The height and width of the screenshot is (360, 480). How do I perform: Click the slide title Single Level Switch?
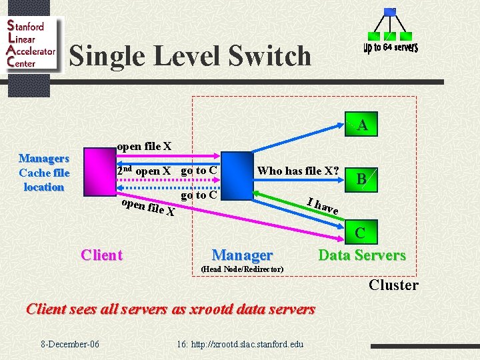[190, 56]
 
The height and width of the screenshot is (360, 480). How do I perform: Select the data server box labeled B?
[361, 179]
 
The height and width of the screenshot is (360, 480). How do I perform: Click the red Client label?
[101, 255]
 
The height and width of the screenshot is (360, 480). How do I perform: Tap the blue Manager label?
[241, 255]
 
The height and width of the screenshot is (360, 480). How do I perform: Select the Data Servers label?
[361, 255]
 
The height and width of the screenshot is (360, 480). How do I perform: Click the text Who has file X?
[298, 171]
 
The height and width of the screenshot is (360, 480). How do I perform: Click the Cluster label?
[393, 285]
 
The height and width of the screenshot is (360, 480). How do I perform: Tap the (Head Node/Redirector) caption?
[242, 269]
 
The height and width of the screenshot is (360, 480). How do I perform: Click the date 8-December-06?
[70, 344]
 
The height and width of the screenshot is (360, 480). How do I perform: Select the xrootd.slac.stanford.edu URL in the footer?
[240, 344]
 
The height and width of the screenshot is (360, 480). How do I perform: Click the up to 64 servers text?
[390, 47]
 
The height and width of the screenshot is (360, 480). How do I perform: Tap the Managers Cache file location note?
[44, 173]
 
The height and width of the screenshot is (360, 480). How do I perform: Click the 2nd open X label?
[143, 171]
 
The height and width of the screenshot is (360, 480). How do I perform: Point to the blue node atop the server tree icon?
[390, 11]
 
